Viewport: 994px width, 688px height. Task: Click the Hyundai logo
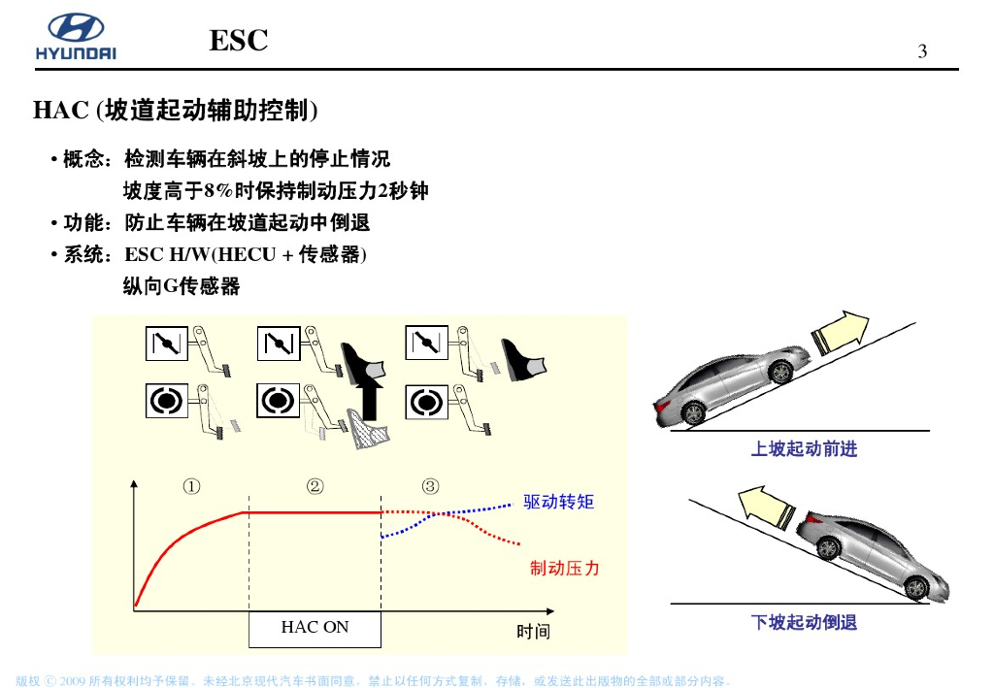point(76,37)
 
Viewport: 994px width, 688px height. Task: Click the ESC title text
point(238,41)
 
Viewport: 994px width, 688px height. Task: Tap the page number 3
point(922,52)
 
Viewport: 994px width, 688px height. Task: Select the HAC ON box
point(315,628)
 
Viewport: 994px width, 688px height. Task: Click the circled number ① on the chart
point(192,486)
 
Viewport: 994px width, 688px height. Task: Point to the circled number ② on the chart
point(315,486)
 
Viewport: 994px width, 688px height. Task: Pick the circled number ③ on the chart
point(430,486)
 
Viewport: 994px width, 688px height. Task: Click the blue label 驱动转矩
point(558,502)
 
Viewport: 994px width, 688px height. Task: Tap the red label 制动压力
point(564,569)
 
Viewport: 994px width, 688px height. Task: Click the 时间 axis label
point(533,632)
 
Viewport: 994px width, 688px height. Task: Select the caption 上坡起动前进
point(804,449)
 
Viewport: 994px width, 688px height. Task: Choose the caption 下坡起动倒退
point(804,622)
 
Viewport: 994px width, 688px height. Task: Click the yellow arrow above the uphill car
point(841,330)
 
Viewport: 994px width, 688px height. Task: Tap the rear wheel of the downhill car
point(827,548)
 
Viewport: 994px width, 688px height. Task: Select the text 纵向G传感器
point(181,286)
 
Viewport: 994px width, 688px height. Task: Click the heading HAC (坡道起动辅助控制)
point(176,111)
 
